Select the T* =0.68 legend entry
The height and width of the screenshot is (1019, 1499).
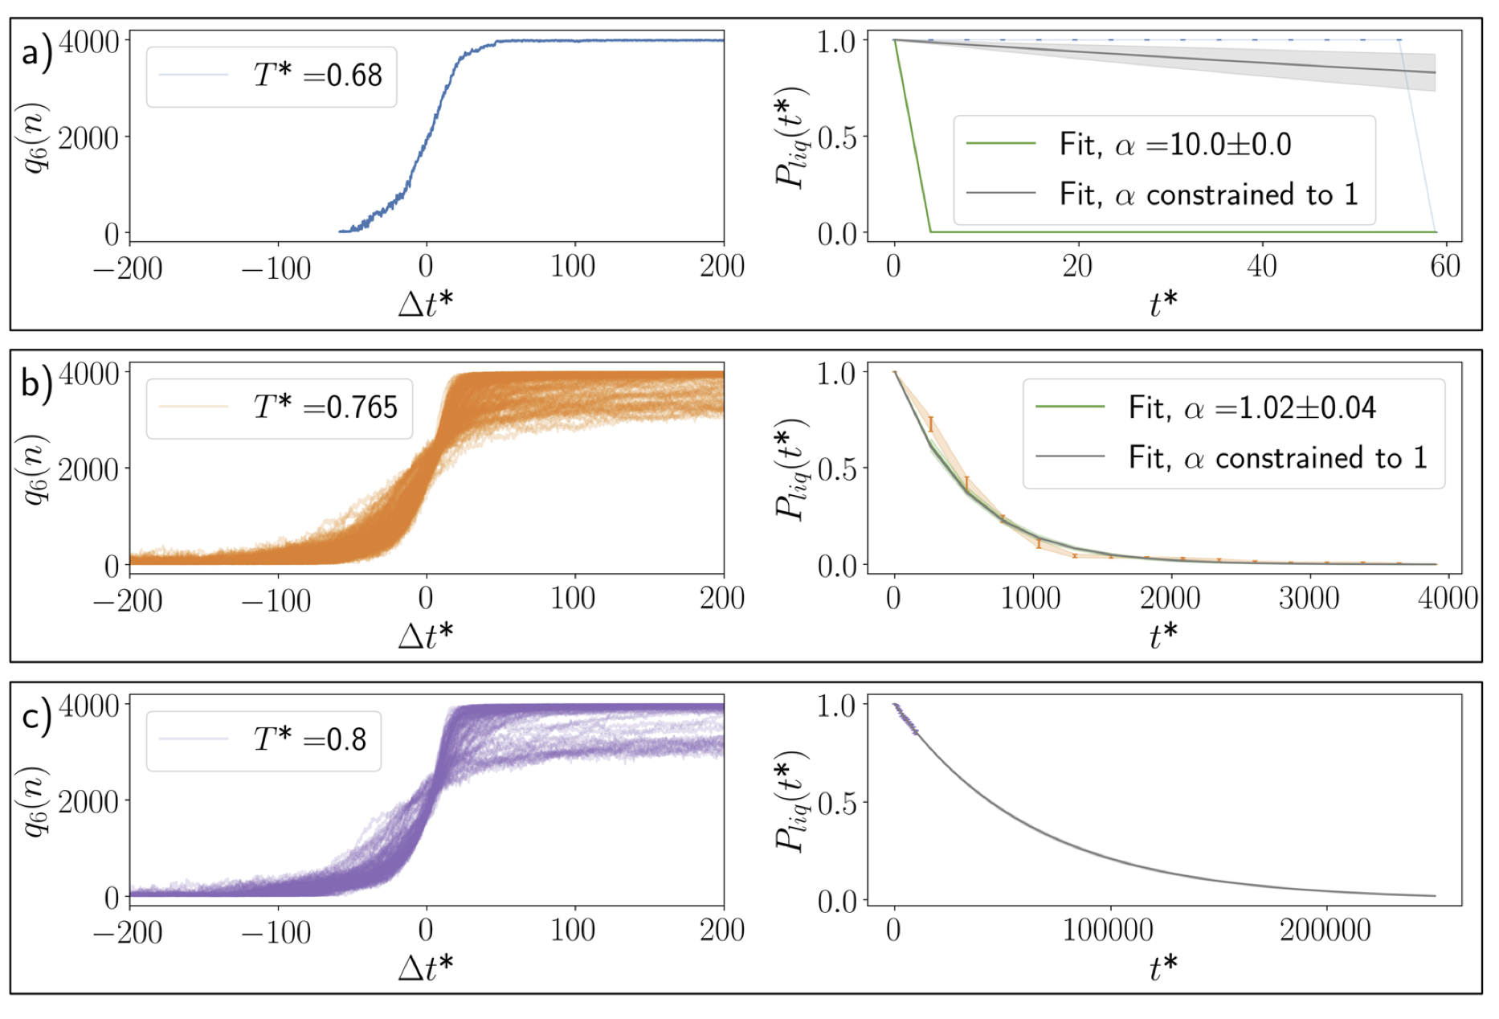(x=318, y=76)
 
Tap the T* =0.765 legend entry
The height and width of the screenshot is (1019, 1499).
(x=325, y=407)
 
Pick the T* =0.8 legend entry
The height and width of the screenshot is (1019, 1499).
(x=310, y=739)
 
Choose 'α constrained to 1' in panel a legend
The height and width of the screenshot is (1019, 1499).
(x=1209, y=194)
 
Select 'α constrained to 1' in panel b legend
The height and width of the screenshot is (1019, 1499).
(x=1278, y=458)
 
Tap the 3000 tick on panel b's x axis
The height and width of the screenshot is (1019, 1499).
(x=1309, y=599)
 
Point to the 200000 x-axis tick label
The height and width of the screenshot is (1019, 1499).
(x=1325, y=931)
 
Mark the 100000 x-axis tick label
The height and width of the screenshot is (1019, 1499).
(x=1108, y=931)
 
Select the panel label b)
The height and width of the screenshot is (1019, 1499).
(x=37, y=384)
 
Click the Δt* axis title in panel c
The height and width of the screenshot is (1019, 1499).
(x=426, y=968)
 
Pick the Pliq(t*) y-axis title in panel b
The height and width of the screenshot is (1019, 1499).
(x=792, y=469)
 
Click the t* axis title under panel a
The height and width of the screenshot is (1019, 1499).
(x=1163, y=304)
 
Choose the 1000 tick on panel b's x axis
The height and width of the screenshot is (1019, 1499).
(x=1031, y=599)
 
